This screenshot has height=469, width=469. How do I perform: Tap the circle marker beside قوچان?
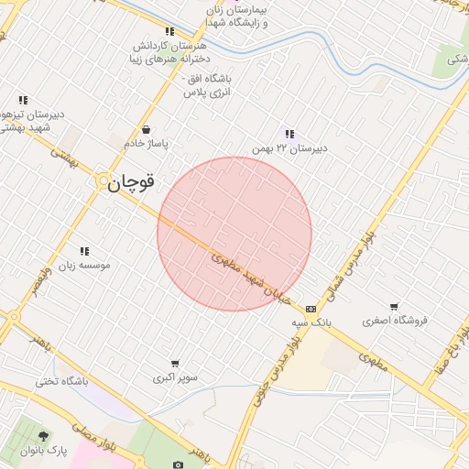[102, 183]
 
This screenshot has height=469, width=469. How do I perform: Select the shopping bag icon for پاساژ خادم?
[147, 130]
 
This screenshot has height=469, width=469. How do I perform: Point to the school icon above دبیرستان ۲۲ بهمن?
[289, 134]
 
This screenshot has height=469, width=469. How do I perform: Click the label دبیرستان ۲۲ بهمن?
[290, 147]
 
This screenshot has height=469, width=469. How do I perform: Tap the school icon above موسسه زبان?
[84, 251]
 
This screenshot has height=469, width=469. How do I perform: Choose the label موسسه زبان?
[84, 265]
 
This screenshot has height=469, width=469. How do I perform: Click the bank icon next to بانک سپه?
[311, 309]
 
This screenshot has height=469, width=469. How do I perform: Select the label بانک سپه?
[311, 322]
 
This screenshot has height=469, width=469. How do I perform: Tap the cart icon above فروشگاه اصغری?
[394, 307]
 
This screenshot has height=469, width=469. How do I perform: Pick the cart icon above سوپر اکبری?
[174, 364]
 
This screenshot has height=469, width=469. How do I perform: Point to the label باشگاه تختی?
[62, 381]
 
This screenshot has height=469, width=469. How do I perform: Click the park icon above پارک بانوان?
[43, 434]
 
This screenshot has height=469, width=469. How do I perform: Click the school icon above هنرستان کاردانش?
[169, 32]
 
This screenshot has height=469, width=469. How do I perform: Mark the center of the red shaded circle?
[234, 234]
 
